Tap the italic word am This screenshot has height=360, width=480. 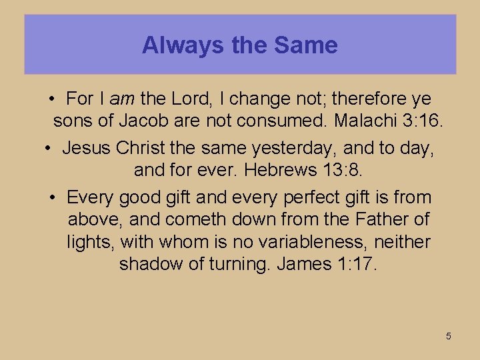(122, 99)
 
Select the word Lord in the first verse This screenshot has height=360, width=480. (191, 99)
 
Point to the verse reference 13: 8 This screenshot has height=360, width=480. (343, 170)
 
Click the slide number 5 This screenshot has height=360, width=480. (449, 336)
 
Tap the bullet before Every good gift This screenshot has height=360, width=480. (53, 197)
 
